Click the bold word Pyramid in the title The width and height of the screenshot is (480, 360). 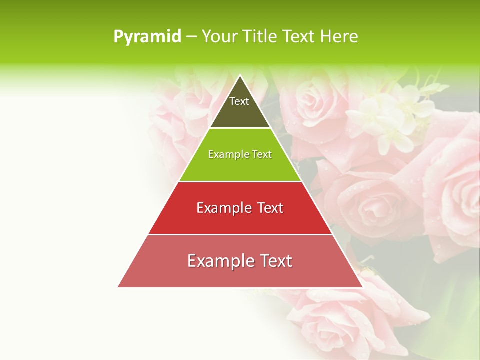[x=147, y=37]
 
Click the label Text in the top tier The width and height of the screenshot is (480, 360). [x=239, y=101]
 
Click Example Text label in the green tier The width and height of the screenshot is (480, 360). [x=240, y=154]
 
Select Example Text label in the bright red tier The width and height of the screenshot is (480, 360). [x=240, y=208]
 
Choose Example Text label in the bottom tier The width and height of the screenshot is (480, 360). [x=240, y=261]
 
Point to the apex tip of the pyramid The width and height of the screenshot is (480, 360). [x=240, y=76]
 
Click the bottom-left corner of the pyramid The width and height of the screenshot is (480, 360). [x=119, y=286]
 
